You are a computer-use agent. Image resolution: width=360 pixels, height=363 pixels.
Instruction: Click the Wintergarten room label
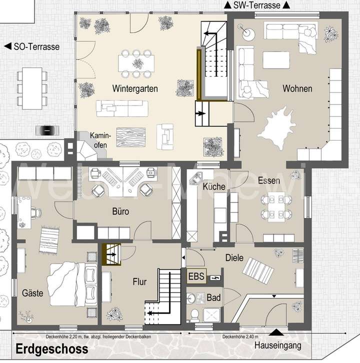[135, 88]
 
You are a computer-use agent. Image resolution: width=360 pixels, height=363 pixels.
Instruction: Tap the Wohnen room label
[297, 88]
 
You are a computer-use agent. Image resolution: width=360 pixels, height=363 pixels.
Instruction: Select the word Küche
[214, 186]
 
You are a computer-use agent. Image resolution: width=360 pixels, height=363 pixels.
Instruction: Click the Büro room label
[120, 211]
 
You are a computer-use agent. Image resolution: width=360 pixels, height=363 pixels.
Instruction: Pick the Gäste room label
[33, 293]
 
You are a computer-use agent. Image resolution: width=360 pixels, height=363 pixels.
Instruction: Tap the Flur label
[139, 282]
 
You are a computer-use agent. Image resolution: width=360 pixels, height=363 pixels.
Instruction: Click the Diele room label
[234, 258]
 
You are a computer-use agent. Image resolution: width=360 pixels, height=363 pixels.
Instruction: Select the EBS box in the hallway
[196, 276]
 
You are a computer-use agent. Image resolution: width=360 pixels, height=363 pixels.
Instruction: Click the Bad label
[214, 297]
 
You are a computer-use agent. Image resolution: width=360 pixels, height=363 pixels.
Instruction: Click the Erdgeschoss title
[51, 348]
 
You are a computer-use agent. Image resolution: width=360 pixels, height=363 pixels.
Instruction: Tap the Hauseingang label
[277, 345]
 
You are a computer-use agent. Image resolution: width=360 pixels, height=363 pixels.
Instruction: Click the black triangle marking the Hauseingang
[274, 332]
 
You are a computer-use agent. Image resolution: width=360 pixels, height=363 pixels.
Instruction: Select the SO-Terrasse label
[32, 47]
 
